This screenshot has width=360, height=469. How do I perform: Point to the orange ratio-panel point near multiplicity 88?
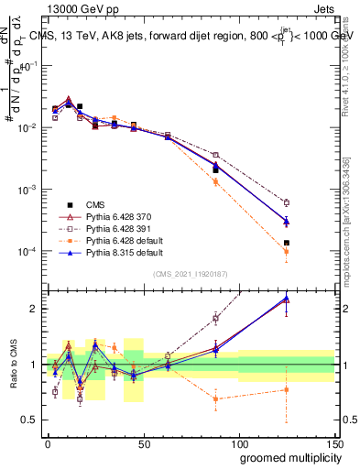pos(215,398)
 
